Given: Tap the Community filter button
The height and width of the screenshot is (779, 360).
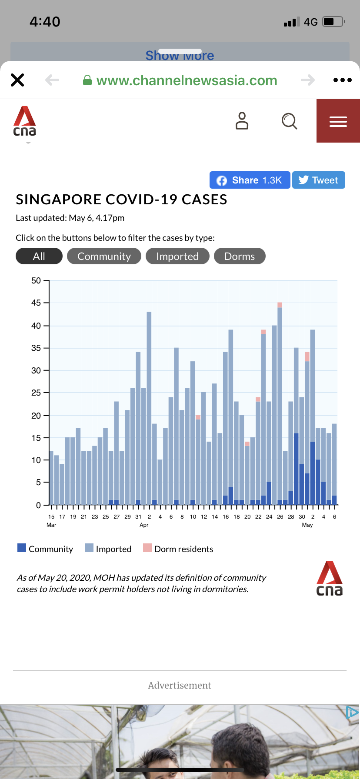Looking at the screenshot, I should point(104,256).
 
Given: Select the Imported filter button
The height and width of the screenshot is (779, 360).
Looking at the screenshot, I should point(177,256).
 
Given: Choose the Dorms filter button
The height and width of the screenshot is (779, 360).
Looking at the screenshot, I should point(240,256).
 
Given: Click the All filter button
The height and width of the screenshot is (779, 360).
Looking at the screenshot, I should point(39,256).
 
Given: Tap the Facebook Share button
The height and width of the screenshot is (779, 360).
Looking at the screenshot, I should point(250,180).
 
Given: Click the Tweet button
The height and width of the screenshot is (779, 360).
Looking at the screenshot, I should point(318,180).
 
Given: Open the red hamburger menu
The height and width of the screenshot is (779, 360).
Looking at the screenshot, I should point(338,121).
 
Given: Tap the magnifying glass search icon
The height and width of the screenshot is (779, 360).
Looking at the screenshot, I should point(289,121).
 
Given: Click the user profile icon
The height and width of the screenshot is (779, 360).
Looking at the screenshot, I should point(242,121).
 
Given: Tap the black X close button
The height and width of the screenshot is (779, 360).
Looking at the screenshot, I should point(17,80).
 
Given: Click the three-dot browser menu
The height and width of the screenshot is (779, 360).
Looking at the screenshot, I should point(342,80).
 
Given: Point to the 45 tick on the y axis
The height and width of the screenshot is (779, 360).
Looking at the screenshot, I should point(36,303).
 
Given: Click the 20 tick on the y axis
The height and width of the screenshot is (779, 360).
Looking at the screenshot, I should point(36,416).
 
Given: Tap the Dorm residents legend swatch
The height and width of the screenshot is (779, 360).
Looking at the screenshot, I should point(147,548).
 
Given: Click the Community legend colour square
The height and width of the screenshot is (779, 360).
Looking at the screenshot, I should point(22,548).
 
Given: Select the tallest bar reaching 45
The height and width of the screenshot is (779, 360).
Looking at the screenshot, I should point(280,404).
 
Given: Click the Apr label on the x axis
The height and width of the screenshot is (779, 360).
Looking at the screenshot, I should point(144,525).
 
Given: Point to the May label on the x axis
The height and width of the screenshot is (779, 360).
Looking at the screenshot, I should point(307,525).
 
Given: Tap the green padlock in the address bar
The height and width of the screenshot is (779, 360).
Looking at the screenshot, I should point(87,80).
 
